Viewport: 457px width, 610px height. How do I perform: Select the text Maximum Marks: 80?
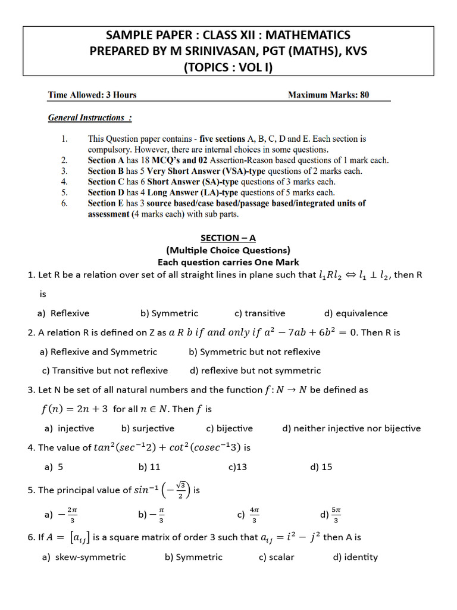coord(328,95)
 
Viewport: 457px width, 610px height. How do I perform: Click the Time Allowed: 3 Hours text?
coord(92,95)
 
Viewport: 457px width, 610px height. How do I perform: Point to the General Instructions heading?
coord(90,117)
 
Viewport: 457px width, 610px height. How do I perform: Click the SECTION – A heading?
coord(228,238)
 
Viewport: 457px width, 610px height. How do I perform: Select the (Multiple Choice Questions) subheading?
coord(228,250)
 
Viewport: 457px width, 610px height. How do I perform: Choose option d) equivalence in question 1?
coord(356,313)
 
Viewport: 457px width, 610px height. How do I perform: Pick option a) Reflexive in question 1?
coord(63,313)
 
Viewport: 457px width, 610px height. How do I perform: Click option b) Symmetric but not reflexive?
coord(255,351)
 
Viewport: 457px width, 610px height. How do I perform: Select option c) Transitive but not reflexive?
coord(105,371)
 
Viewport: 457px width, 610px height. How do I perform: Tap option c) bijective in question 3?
coord(230,428)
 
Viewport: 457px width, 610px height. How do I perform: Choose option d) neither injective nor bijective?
coord(351,428)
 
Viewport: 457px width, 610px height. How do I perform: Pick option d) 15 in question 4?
coord(321,467)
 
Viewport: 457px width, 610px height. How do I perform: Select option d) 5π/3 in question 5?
coord(330,514)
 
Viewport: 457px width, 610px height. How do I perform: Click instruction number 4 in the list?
coord(64,182)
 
